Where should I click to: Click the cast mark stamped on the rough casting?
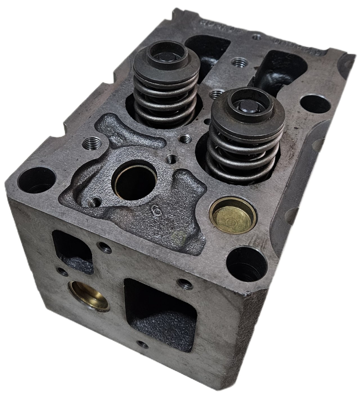(x=155, y=208)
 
